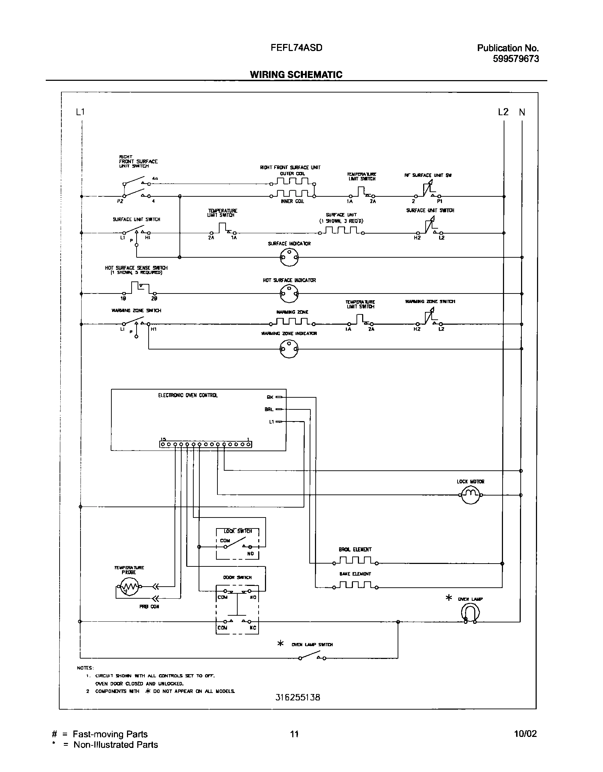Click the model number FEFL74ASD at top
click(x=296, y=47)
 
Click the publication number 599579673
click(x=516, y=59)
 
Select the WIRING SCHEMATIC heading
click(x=296, y=74)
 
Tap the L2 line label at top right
click(x=503, y=112)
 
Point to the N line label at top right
click(x=522, y=112)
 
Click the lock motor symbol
click(x=470, y=495)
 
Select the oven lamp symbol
click(x=470, y=612)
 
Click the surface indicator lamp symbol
click(x=289, y=257)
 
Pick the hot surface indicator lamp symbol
click(x=289, y=293)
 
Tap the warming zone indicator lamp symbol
click(x=289, y=349)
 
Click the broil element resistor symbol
click(x=355, y=561)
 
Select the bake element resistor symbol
click(x=355, y=586)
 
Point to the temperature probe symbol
click(x=129, y=587)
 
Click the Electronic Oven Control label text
click(x=188, y=395)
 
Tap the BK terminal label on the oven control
click(x=270, y=397)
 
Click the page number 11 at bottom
click(x=294, y=734)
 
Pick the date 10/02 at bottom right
click(x=525, y=734)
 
